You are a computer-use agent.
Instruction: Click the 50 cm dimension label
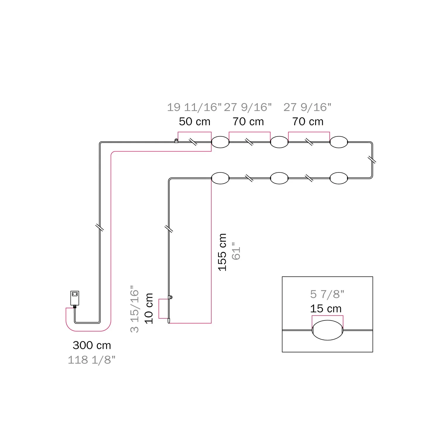pyautogui.click(x=195, y=121)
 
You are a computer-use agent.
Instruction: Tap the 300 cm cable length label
pyautogui.click(x=92, y=345)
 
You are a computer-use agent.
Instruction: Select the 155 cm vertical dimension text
pyautogui.click(x=222, y=252)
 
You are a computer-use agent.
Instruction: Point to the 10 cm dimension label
pyautogui.click(x=149, y=308)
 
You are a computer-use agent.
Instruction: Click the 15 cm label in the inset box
pyautogui.click(x=326, y=308)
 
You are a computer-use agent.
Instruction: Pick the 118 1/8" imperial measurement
pyautogui.click(x=92, y=360)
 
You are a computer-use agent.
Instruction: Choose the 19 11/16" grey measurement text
pyautogui.click(x=194, y=107)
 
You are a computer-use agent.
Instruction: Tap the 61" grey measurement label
pyautogui.click(x=236, y=251)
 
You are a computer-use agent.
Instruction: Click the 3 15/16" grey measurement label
pyautogui.click(x=134, y=309)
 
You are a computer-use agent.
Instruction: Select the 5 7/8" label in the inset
pyautogui.click(x=327, y=294)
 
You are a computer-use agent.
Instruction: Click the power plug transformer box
pyautogui.click(x=75, y=298)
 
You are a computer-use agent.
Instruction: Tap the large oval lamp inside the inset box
pyautogui.click(x=327, y=330)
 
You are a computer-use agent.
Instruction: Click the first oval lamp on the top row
pyautogui.click(x=220, y=142)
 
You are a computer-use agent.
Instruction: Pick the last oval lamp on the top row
pyautogui.click(x=339, y=142)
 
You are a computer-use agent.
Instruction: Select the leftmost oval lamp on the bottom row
pyautogui.click(x=220, y=178)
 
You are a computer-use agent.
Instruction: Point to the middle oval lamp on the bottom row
pyautogui.click(x=279, y=178)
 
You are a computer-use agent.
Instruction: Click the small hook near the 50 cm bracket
pyautogui.click(x=176, y=141)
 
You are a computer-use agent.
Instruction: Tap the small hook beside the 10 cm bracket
pyautogui.click(x=171, y=297)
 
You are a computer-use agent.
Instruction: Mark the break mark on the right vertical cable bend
pyautogui.click(x=372, y=160)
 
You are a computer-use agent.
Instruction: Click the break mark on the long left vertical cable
pyautogui.click(x=100, y=227)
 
